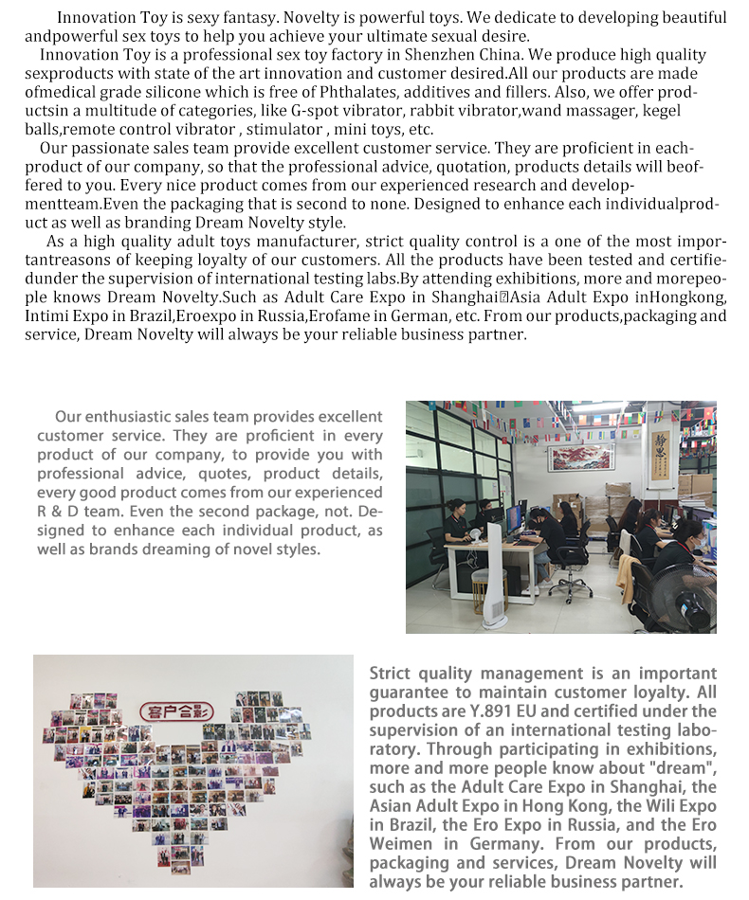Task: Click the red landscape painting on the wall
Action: (x=581, y=458)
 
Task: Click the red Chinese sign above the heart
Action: (x=175, y=711)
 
